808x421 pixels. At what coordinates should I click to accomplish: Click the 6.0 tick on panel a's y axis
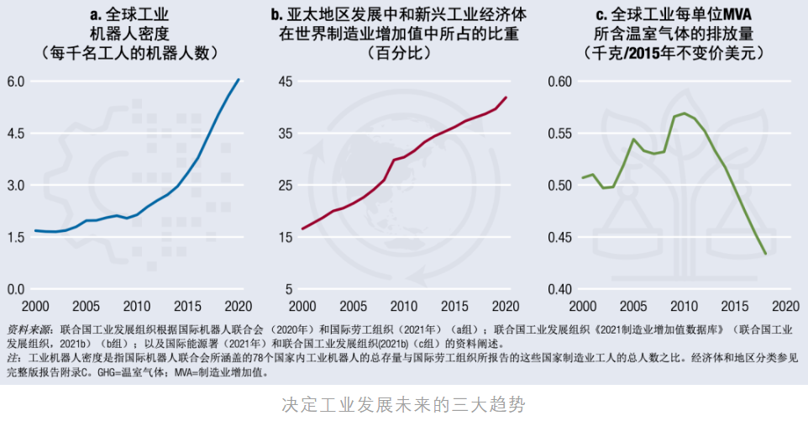pyautogui.click(x=16, y=82)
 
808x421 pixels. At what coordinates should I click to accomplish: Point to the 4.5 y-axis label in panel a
pyautogui.click(x=16, y=134)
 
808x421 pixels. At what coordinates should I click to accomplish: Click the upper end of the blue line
pyautogui.click(x=239, y=79)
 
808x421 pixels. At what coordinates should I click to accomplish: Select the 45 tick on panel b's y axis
pyautogui.click(x=286, y=82)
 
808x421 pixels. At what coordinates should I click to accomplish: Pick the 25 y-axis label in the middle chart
pyautogui.click(x=286, y=186)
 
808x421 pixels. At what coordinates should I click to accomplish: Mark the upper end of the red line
pyautogui.click(x=506, y=97)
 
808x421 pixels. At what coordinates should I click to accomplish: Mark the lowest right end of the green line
pyautogui.click(x=765, y=254)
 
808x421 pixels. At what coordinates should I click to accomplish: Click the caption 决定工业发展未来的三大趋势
pyautogui.click(x=403, y=404)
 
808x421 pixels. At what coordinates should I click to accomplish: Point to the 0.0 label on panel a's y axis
pyautogui.click(x=16, y=290)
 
